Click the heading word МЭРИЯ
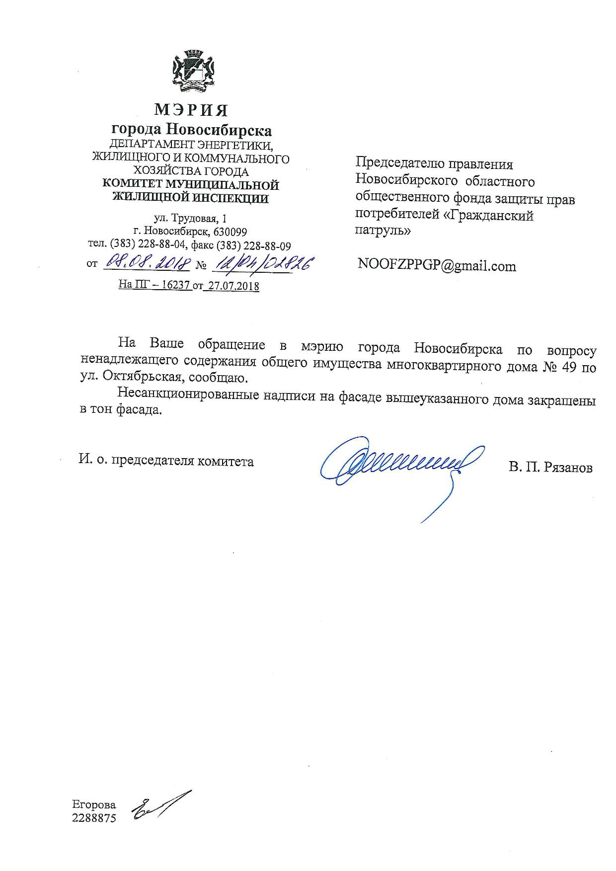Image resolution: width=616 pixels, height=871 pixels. click(x=191, y=109)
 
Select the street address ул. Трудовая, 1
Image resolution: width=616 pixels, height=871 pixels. click(x=191, y=219)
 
